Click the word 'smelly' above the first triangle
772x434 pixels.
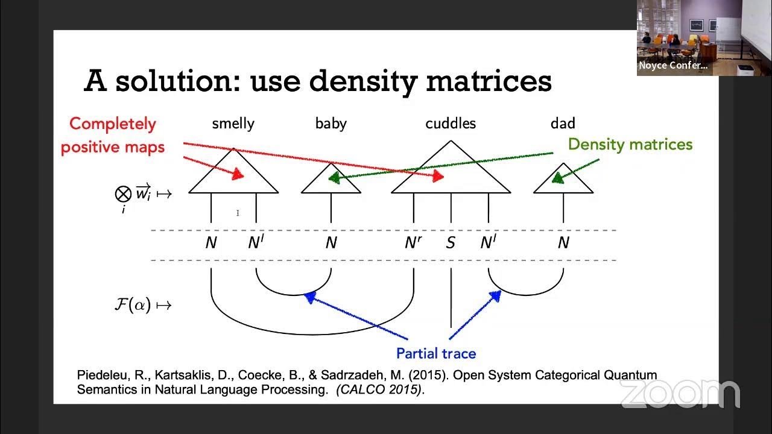click(233, 124)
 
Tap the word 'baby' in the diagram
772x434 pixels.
click(331, 124)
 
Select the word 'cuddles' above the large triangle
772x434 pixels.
click(451, 124)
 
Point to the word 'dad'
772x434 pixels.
click(562, 124)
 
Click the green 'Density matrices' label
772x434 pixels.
click(630, 145)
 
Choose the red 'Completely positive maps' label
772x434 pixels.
click(113, 135)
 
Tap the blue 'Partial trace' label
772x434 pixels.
click(436, 353)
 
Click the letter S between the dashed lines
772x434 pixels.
click(451, 243)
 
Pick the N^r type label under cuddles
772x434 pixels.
click(413, 243)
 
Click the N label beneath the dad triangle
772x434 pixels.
click(563, 243)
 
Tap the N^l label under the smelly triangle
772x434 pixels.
click(256, 243)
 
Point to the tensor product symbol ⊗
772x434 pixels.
click(123, 193)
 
